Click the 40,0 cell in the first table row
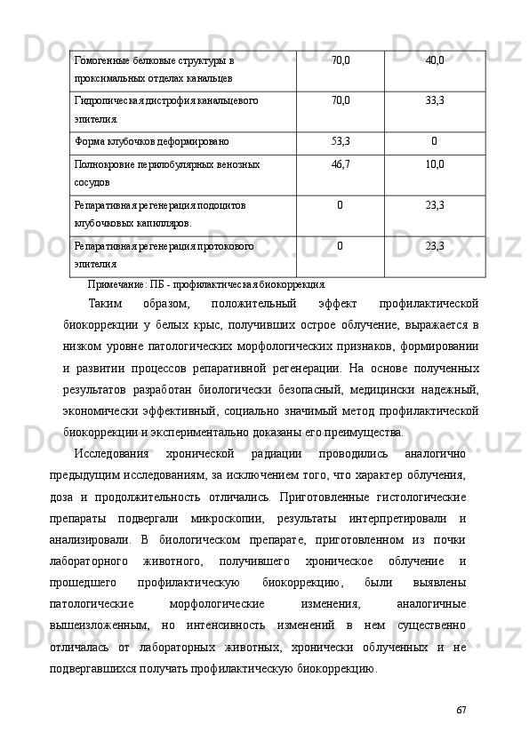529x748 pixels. [435, 60]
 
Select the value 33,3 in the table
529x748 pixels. [435, 100]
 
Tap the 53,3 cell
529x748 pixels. [340, 140]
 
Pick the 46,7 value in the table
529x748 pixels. [340, 164]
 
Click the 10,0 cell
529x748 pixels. [435, 164]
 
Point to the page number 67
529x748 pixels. [460, 711]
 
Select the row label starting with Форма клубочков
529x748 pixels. [151, 140]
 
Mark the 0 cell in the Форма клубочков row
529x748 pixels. [434, 140]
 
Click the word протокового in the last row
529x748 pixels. [223, 245]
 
